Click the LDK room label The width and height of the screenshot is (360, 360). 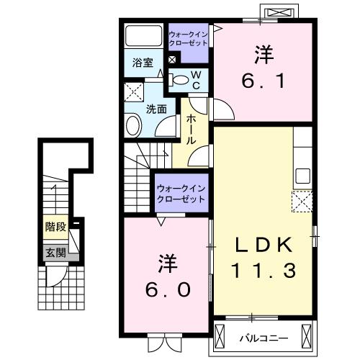tap(263, 245)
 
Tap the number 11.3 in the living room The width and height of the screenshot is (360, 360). tap(263, 271)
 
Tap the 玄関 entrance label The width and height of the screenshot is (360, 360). tap(55, 253)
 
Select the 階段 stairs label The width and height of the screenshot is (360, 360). tap(55, 227)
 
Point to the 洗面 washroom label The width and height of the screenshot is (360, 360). tap(157, 109)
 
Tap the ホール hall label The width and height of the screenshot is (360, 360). tap(192, 130)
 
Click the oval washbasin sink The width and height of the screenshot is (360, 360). tap(134, 127)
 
